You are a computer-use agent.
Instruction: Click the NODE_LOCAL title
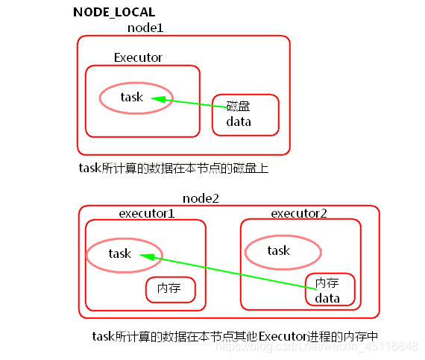point(114,13)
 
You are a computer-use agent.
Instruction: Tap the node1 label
point(145,28)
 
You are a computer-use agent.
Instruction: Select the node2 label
point(200,198)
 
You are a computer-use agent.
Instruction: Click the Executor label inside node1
point(138,57)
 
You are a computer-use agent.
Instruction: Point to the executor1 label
point(147,213)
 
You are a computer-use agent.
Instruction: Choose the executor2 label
point(298,213)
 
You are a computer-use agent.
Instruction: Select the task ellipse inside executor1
point(124,253)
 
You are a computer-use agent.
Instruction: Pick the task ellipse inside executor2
point(283,251)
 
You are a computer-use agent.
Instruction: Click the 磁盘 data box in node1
point(245,114)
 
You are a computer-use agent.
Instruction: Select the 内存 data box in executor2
point(330,290)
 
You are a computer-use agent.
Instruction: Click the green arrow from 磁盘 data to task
point(190,103)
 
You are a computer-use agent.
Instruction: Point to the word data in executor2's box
point(327,298)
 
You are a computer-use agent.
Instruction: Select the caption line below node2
point(235,336)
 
